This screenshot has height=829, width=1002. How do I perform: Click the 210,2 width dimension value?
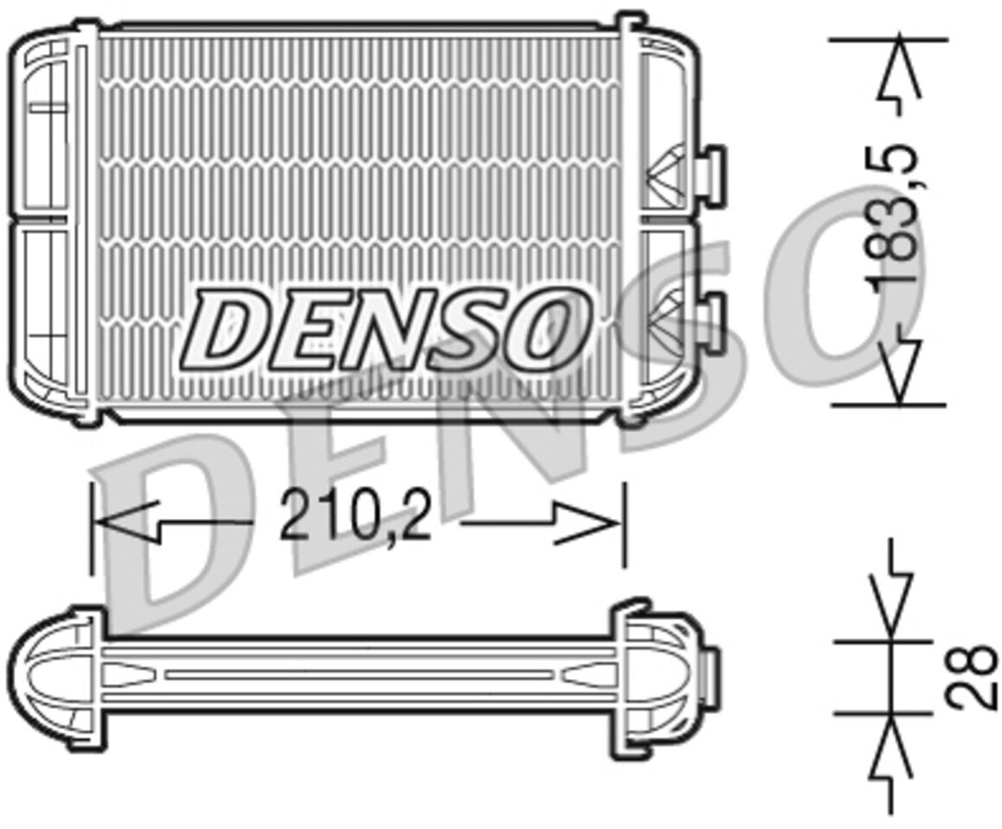[x=355, y=514]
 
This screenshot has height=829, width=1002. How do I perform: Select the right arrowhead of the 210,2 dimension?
[x=588, y=523]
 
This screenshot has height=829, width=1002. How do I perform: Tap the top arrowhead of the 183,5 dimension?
[x=898, y=67]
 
